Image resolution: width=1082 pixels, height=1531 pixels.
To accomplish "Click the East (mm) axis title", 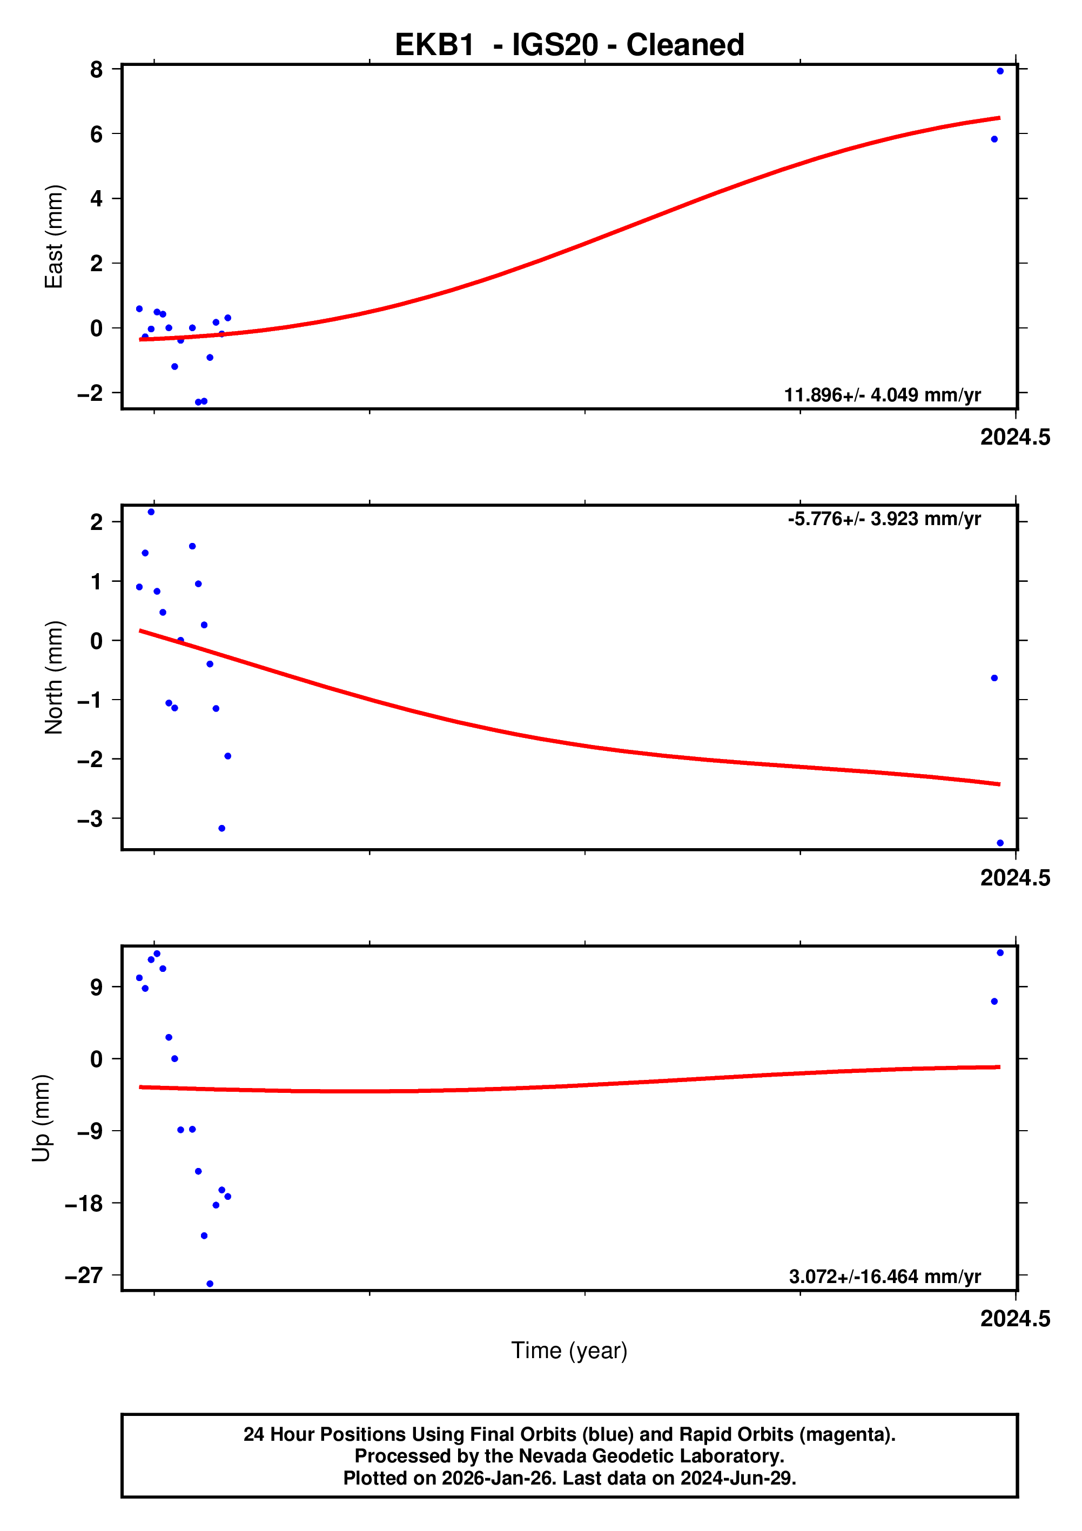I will [x=53, y=237].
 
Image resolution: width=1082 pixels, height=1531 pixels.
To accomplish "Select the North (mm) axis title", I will [x=53, y=677].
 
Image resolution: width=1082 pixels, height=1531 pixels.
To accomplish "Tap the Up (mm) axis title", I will [x=42, y=1118].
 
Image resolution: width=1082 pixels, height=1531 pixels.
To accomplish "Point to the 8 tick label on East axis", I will [x=96, y=69].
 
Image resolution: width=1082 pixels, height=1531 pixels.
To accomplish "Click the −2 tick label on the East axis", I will [x=90, y=393].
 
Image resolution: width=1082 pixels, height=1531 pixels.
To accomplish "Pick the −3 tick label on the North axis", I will [x=90, y=819].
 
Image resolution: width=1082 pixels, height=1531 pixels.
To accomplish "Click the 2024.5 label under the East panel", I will [x=1014, y=438].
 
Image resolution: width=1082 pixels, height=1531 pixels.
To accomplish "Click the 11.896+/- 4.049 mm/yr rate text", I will [x=882, y=395].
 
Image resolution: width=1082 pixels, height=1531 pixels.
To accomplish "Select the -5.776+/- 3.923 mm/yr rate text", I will [x=884, y=519].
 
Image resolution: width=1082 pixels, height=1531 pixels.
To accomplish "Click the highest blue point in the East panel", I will [x=1000, y=71].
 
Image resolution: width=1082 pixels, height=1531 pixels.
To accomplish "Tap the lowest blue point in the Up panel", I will [x=210, y=1284].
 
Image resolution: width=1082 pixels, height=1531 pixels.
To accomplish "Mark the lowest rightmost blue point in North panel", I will [x=1000, y=843].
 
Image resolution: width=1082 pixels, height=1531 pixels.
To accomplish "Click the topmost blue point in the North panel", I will [x=151, y=512].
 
